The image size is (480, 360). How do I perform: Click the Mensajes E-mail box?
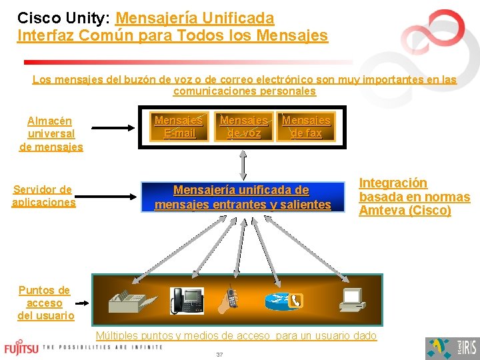[x=179, y=127]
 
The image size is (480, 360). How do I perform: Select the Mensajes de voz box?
[x=244, y=127]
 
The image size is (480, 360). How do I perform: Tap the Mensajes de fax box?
[x=306, y=127]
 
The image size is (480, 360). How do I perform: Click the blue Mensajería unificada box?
[x=243, y=198]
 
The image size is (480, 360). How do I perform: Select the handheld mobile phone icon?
[x=231, y=297]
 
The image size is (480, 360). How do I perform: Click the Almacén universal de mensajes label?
[x=51, y=133]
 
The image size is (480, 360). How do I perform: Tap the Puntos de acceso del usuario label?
[x=45, y=303]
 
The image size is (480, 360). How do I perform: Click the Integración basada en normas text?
[x=414, y=197]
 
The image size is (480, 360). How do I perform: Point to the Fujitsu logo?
[x=21, y=348]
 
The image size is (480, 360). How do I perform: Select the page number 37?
[x=219, y=355]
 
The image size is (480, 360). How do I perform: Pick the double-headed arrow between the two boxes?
[x=243, y=163]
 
